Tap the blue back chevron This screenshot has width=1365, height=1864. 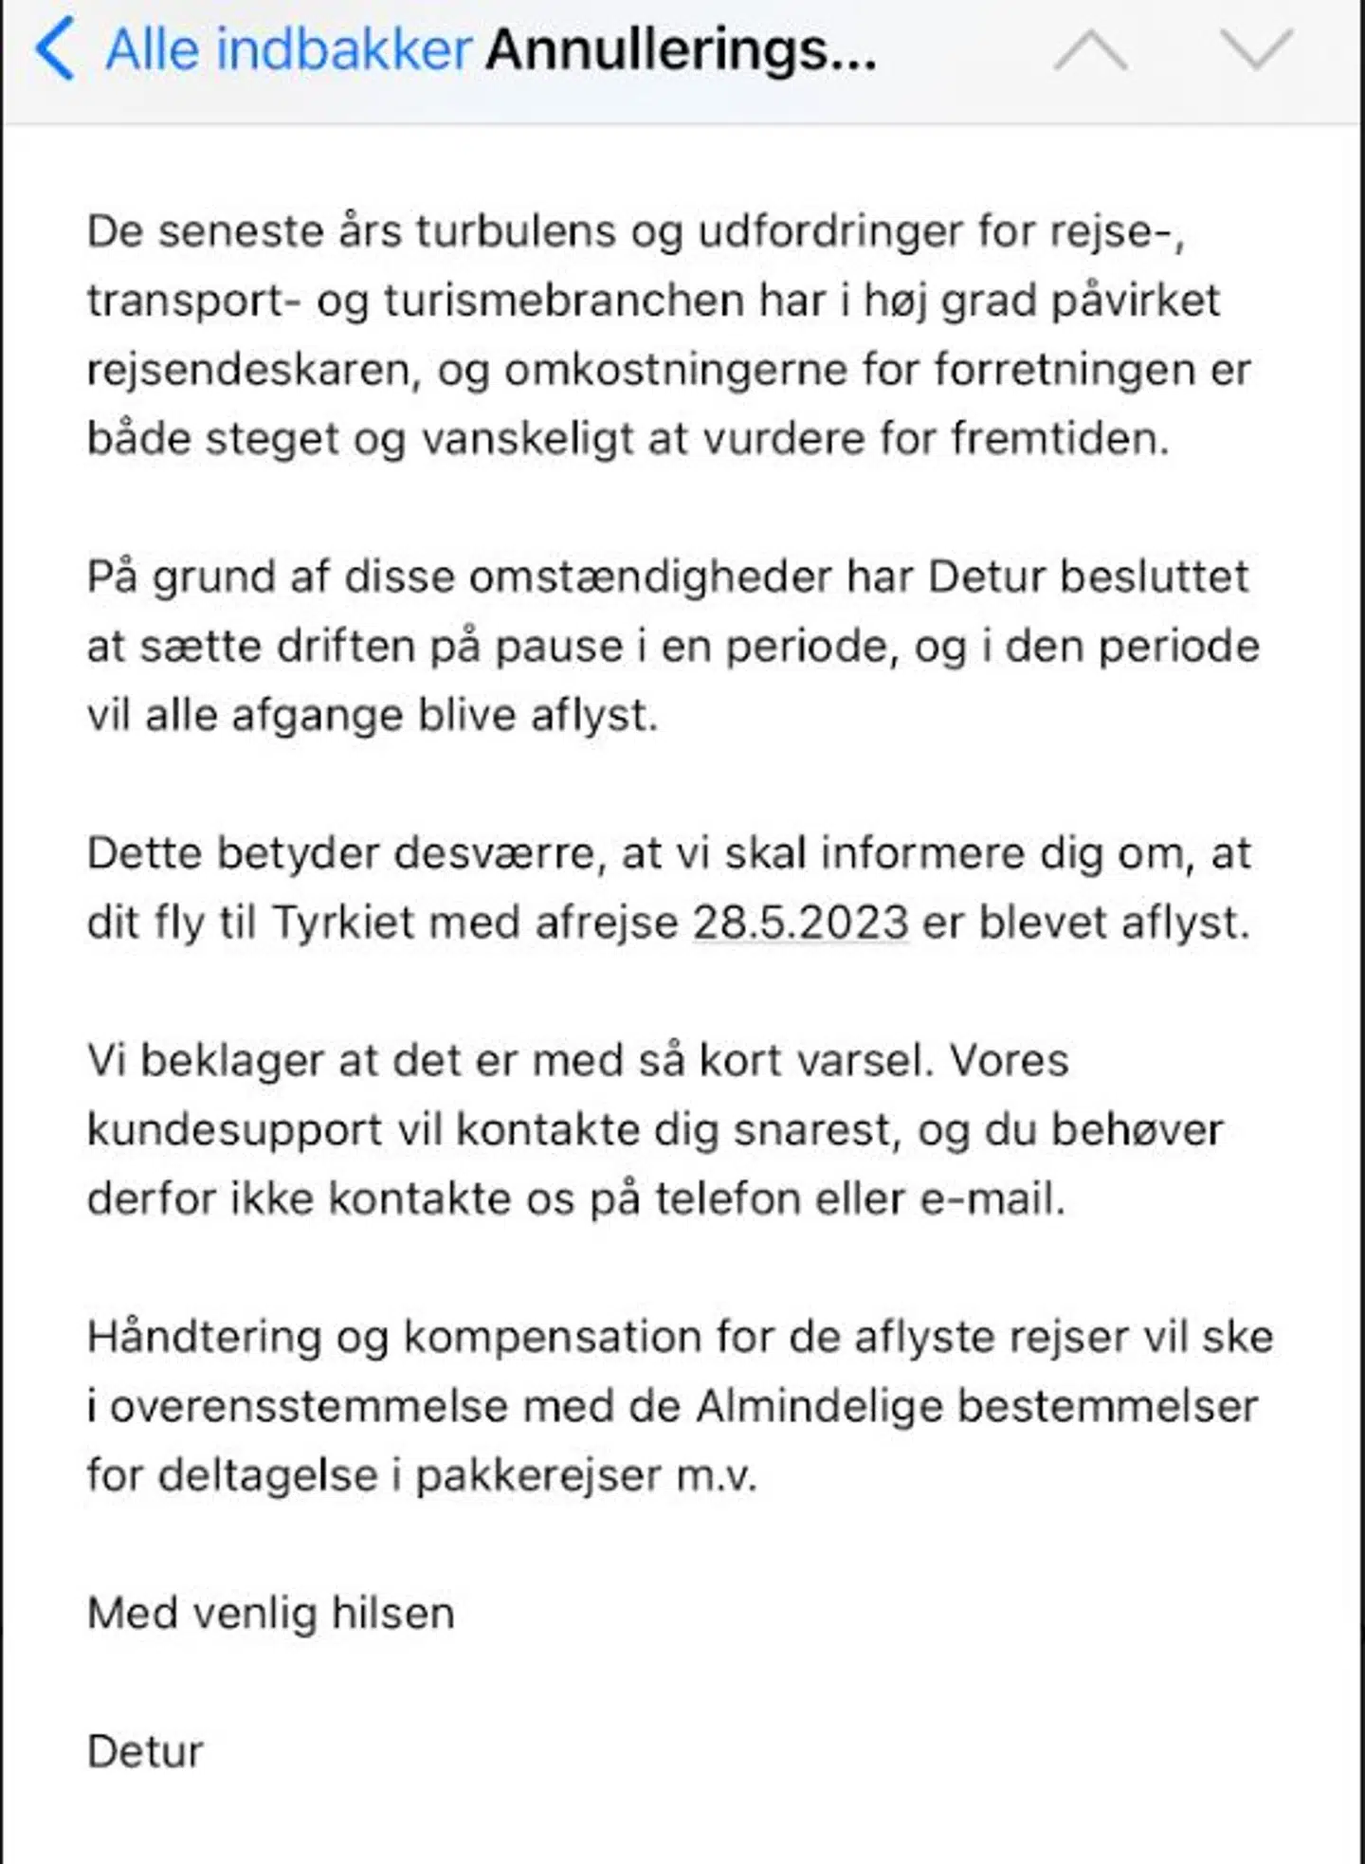[x=55, y=49]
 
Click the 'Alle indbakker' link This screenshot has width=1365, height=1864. [x=288, y=49]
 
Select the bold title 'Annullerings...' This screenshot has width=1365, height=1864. [x=681, y=49]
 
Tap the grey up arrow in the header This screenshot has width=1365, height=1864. [x=1091, y=49]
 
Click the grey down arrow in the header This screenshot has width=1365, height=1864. [x=1256, y=49]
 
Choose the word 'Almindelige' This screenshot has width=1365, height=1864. [x=820, y=1407]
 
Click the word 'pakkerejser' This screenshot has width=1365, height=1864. [x=538, y=1476]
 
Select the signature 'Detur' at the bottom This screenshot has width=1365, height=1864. [x=145, y=1752]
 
